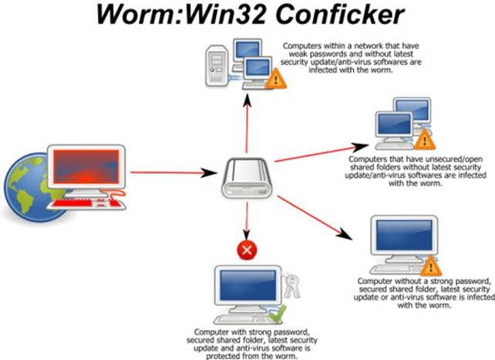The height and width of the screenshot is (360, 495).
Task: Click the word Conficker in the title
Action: click(340, 14)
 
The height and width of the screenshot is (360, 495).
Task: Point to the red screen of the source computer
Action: click(86, 167)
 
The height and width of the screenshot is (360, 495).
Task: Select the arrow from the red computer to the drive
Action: click(173, 173)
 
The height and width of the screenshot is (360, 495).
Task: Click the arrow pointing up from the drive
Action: click(247, 123)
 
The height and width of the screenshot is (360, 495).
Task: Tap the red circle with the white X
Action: click(247, 250)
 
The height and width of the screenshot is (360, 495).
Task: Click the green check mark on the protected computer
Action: click(277, 314)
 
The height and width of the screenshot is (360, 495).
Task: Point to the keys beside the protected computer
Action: click(291, 285)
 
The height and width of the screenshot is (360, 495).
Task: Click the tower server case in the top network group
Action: click(217, 66)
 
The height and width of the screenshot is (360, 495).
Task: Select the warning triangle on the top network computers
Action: click(275, 79)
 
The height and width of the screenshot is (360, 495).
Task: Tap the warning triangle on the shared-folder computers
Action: click(424, 140)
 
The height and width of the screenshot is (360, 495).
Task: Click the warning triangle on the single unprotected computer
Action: click(430, 267)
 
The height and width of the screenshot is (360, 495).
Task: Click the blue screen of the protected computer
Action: click(247, 285)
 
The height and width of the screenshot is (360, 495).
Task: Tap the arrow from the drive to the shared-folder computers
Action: click(322, 153)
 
